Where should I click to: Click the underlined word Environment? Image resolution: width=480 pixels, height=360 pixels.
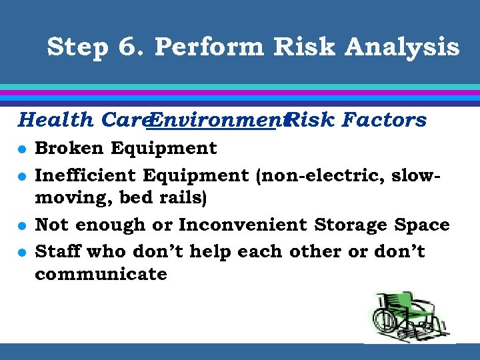[213, 120]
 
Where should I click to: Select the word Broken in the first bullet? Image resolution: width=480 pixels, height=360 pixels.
[69, 148]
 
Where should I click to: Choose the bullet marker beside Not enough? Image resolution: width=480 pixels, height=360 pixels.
[23, 226]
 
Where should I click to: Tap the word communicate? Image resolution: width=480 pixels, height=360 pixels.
[101, 274]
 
